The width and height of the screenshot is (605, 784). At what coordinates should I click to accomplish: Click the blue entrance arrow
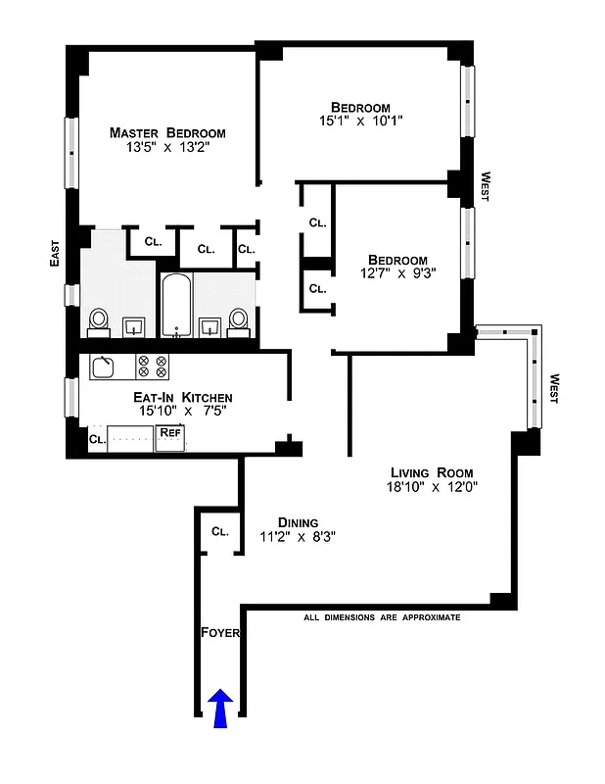220,708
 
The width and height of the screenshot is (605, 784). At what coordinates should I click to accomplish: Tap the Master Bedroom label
167,133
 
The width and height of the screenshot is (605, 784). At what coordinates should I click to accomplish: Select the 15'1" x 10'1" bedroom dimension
360,122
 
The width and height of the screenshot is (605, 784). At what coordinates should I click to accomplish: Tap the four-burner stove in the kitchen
152,367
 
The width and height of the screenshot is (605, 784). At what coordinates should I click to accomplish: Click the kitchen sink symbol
103,367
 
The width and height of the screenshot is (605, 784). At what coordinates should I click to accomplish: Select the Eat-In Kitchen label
183,397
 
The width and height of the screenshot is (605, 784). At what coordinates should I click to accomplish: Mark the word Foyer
220,633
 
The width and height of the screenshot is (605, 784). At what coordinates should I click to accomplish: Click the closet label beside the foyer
219,532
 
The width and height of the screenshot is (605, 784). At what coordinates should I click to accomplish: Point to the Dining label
297,521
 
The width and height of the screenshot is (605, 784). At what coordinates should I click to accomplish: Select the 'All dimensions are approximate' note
382,618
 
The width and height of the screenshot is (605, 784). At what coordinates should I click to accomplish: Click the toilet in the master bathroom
99,321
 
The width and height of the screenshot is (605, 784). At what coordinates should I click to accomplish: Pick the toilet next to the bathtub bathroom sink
238,321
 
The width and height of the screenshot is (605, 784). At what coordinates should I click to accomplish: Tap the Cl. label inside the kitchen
96,440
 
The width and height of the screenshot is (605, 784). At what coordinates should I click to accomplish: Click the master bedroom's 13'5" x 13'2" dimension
167,148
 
